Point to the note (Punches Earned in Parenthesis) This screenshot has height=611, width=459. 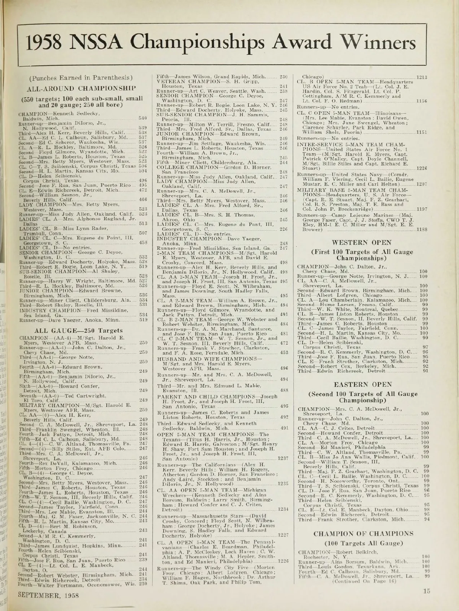tap(81, 78)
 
